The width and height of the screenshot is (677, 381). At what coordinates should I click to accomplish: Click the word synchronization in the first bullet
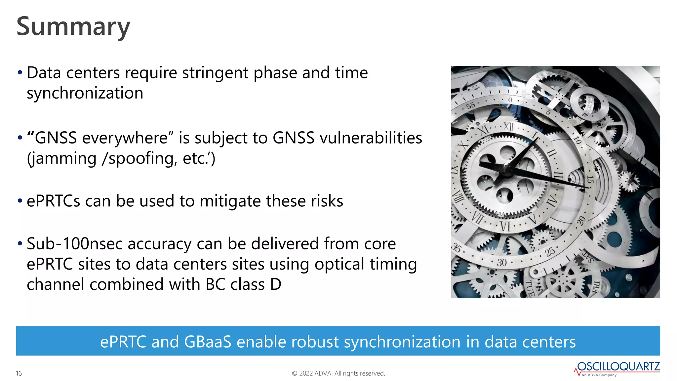click(85, 93)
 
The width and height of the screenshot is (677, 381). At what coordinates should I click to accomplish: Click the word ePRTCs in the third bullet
click(53, 201)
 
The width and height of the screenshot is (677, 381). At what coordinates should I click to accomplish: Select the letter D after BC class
click(276, 285)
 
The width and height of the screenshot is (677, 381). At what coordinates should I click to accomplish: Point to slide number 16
click(19, 373)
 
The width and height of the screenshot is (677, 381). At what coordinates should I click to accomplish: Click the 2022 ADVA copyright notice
click(338, 373)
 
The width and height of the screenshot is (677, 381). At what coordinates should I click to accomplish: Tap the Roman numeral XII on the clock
click(508, 126)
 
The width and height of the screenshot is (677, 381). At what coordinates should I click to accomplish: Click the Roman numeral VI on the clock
click(505, 227)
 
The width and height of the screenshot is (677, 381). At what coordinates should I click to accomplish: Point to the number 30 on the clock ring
click(501, 263)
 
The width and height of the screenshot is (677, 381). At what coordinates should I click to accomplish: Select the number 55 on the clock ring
click(471, 106)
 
